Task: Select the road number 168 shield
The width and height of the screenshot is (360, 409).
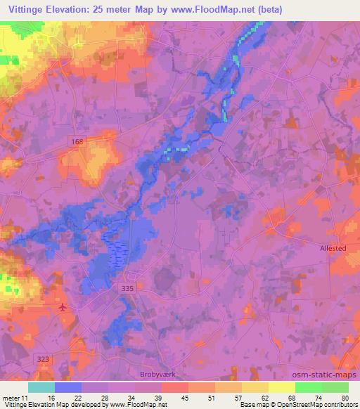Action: coord(77,143)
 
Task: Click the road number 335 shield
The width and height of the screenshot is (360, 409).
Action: coord(126,287)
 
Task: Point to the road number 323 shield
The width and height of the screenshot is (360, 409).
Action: coord(44,358)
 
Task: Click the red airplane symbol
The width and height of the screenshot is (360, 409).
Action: coord(64,307)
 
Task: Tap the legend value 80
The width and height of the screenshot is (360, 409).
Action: coord(343,398)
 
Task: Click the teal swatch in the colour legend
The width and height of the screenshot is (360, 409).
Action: coord(41,387)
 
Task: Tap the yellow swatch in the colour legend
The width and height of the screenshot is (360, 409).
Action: coord(281,387)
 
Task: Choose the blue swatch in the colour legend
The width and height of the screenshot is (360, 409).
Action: coord(68,387)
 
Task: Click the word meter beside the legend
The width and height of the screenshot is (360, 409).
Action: coord(12,398)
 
